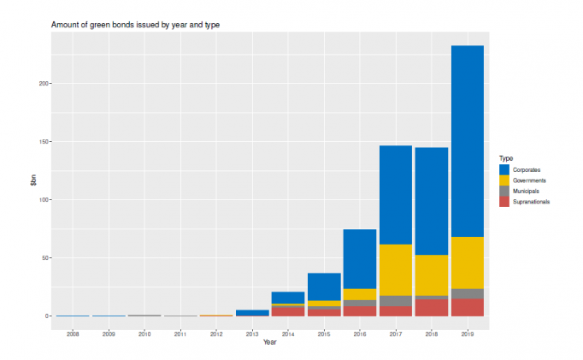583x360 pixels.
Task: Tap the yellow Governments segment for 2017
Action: (396, 269)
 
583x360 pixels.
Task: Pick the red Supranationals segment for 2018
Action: (432, 307)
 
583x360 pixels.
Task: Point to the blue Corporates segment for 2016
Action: (360, 258)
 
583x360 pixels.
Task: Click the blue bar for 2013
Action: (252, 313)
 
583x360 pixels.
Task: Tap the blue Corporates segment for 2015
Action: (324, 286)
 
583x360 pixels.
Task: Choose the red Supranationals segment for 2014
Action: (288, 311)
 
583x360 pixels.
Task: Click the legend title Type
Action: (506, 158)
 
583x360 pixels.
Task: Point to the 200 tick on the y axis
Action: (43, 84)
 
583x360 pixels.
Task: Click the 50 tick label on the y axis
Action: (44, 258)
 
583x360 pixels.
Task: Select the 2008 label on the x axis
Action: (74, 333)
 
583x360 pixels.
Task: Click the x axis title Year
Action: (270, 343)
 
